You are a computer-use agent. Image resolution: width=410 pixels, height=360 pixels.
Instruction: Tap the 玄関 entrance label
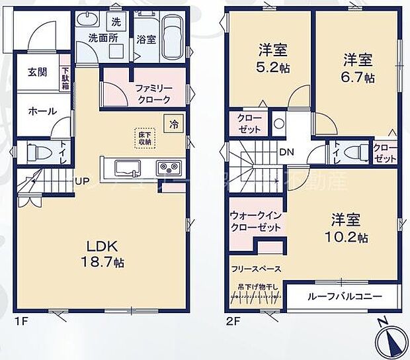coord(37,72)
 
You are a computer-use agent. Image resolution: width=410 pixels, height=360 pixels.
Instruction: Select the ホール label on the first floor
coord(37,112)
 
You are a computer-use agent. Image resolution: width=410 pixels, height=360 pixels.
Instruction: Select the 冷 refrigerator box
coord(174,124)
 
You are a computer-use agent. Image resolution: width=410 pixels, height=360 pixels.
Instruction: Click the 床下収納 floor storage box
coord(144,136)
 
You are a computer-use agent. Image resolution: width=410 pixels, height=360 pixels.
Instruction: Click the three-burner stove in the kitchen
coord(166,167)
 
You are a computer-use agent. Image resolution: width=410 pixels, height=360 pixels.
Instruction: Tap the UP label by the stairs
coord(82,181)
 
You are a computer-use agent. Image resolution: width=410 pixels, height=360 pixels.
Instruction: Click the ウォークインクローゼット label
coord(256,222)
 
